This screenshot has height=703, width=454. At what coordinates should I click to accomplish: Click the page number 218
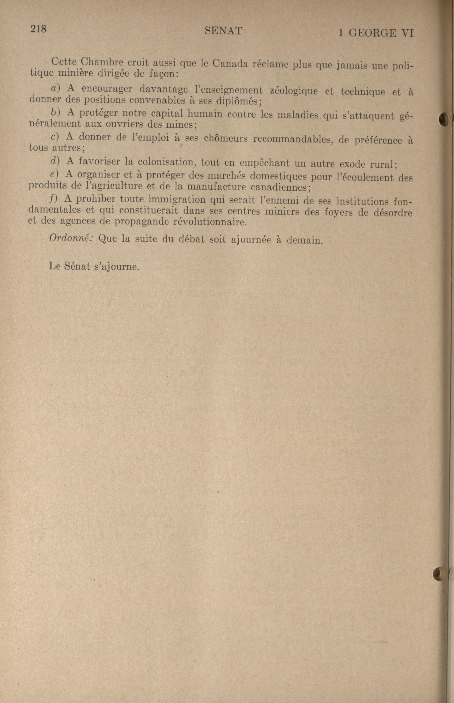point(38,29)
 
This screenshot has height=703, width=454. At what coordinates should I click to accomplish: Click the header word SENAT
point(223,31)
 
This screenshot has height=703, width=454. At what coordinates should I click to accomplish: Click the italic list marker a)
point(56,88)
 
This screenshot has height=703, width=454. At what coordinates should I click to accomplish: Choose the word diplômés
point(239,101)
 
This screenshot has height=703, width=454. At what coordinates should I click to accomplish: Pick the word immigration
point(177,199)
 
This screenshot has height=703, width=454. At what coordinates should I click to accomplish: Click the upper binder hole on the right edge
point(443,120)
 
